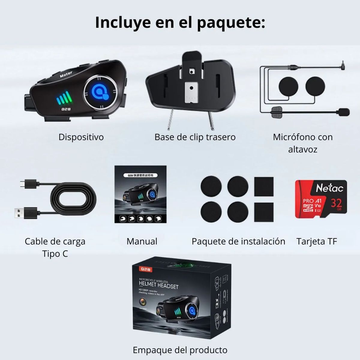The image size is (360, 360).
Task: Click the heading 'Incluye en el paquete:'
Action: [x=180, y=23]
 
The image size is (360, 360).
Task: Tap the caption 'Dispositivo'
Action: [x=81, y=137]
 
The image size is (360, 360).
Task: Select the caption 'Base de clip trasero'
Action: [x=195, y=137]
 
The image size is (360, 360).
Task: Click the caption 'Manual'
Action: [x=142, y=241]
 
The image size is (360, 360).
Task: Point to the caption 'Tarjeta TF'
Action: [x=317, y=241]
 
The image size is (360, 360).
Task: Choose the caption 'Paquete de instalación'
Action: [x=238, y=241]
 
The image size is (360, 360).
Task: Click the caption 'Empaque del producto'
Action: [x=180, y=350]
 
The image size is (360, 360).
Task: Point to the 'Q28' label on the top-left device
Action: [x=66, y=109]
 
